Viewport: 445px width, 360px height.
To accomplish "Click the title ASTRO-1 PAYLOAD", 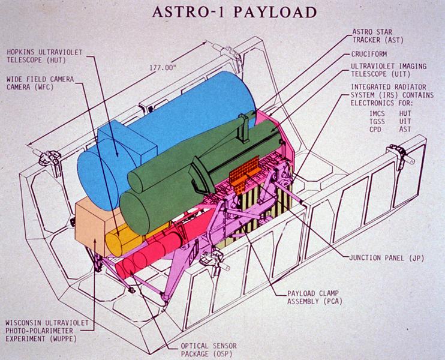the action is click(234, 12).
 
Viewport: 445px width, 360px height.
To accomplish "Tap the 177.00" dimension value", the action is click(163, 68).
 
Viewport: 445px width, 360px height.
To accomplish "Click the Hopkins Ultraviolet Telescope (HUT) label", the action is click(44, 56).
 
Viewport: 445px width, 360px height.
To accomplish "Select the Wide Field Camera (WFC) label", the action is click(40, 83).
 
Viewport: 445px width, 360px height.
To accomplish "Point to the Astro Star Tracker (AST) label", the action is click(377, 36).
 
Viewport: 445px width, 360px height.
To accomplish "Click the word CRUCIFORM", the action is click(369, 54).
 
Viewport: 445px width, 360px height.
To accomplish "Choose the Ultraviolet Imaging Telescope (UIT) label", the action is click(389, 70).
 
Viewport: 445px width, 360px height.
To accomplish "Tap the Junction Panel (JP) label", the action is click(387, 258).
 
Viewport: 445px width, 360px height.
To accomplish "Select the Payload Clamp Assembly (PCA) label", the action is click(314, 297).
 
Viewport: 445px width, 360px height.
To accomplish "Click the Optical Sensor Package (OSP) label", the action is click(209, 350).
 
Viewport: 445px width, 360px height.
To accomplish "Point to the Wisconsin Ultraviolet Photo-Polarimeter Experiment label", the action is click(47, 331).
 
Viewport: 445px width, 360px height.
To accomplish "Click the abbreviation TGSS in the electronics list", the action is click(377, 122).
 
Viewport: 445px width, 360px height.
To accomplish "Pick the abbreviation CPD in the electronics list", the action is click(375, 130).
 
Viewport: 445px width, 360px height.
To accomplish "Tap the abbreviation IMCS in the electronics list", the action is click(377, 113).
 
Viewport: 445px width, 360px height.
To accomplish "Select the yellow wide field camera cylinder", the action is click(125, 240).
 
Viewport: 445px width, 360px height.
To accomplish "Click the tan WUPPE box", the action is click(91, 227).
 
